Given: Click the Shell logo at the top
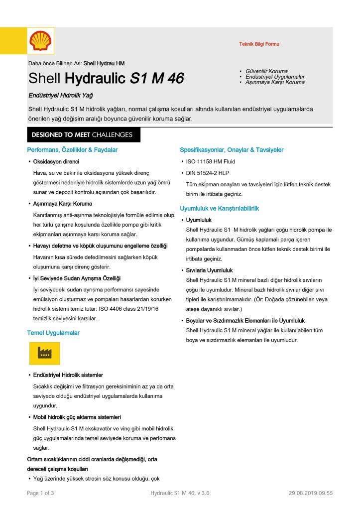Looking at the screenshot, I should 40,40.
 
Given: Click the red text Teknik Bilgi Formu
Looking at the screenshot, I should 259,44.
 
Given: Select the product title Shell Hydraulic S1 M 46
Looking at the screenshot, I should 106,78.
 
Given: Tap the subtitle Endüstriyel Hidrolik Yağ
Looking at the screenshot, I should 60,95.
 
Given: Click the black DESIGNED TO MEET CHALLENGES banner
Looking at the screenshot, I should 83,135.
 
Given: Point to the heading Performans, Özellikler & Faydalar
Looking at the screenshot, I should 72,149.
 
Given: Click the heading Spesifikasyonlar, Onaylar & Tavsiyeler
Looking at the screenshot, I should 232,149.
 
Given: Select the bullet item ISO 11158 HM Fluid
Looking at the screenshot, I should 211,162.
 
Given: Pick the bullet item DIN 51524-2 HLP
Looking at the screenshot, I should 209,173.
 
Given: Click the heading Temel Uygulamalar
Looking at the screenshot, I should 53,332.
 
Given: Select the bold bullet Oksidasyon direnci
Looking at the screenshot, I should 56,162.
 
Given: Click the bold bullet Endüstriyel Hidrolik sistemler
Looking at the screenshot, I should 68,375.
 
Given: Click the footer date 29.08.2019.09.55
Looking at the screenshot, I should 310,493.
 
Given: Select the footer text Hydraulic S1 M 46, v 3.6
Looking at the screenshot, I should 179,493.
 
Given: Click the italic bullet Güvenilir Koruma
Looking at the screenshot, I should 266,71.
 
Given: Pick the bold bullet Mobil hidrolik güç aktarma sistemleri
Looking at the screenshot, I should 77,417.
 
